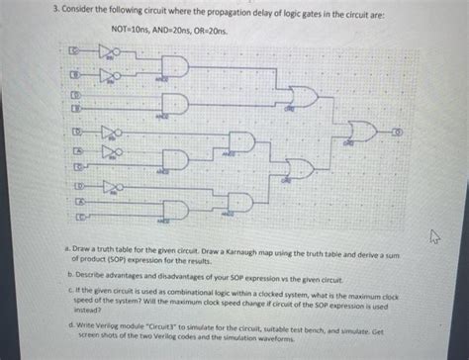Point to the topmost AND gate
click(x=174, y=64)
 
